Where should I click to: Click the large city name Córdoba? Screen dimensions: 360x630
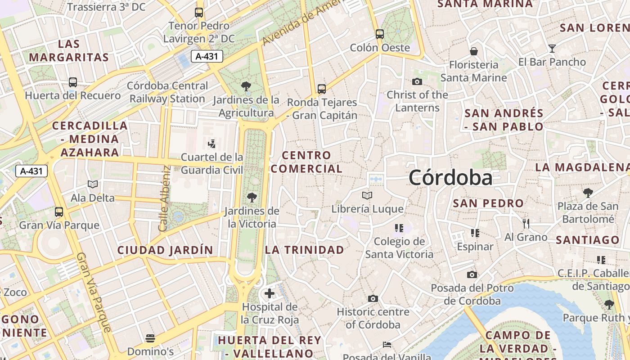pyautogui.click(x=450, y=178)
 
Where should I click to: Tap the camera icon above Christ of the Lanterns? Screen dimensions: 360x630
pyautogui.click(x=417, y=81)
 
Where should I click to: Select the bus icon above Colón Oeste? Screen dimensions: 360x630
pyautogui.click(x=380, y=34)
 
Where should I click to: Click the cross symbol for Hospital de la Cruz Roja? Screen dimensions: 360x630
pyautogui.click(x=270, y=294)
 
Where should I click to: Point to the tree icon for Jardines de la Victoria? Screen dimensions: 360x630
pyautogui.click(x=252, y=197)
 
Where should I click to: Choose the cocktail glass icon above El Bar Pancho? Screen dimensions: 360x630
pyautogui.click(x=552, y=49)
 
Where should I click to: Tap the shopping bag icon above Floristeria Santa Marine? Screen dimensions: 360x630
pyautogui.click(x=473, y=51)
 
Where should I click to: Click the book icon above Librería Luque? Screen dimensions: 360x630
pyautogui.click(x=367, y=195)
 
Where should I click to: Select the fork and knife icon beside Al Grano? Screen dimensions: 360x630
pyautogui.click(x=526, y=223)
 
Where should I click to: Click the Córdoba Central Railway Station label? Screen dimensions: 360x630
pyautogui.click(x=167, y=92)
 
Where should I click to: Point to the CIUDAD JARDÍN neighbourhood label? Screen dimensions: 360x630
pyautogui.click(x=165, y=250)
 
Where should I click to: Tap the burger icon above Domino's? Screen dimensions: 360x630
pyautogui.click(x=150, y=338)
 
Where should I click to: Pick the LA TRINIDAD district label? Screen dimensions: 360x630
pyautogui.click(x=305, y=250)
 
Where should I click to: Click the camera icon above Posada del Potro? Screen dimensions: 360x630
pyautogui.click(x=472, y=274)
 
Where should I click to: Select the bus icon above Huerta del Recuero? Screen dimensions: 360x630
pyautogui.click(x=73, y=82)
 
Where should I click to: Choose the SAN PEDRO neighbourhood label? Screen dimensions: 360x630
pyautogui.click(x=488, y=203)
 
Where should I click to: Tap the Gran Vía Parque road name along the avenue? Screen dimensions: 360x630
pyautogui.click(x=93, y=292)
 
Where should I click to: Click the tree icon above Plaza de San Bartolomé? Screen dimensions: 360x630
pyautogui.click(x=588, y=193)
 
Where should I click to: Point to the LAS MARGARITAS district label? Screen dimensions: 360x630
pyautogui.click(x=69, y=51)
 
